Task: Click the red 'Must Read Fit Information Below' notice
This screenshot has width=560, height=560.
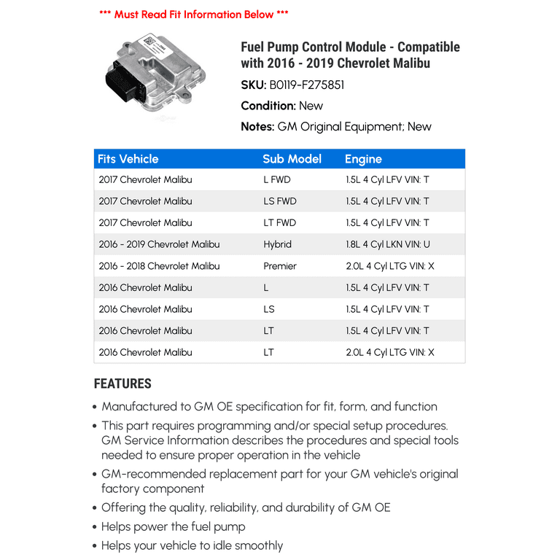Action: pos(193,15)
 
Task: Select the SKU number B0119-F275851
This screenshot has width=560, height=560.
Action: pos(308,85)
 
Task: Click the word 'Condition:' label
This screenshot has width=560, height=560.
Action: pos(268,106)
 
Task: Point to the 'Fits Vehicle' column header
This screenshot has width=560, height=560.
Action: pos(128,159)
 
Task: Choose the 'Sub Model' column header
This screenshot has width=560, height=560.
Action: pos(292,159)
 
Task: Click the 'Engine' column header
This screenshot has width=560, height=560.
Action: pos(363,159)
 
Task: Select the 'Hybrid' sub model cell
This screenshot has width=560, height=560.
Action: pos(277,244)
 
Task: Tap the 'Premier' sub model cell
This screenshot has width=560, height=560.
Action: pos(280,266)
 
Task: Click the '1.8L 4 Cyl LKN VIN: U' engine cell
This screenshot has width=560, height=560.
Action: pos(388,244)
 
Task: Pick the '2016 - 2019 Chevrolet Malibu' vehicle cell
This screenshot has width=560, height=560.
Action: pos(159,244)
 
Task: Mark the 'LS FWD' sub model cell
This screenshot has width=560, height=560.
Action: pos(280,201)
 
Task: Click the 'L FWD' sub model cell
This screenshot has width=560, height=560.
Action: pos(277,179)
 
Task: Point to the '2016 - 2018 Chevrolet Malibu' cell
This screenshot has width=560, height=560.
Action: pos(159,266)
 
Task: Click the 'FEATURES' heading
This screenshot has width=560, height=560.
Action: pos(122,384)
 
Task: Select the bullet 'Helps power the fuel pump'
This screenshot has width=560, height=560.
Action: pos(174,526)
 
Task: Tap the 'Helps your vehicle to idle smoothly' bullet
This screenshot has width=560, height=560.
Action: pos(192,545)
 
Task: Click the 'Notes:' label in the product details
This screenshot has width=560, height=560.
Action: pos(257,127)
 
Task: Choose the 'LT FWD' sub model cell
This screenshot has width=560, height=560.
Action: pos(280,222)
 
